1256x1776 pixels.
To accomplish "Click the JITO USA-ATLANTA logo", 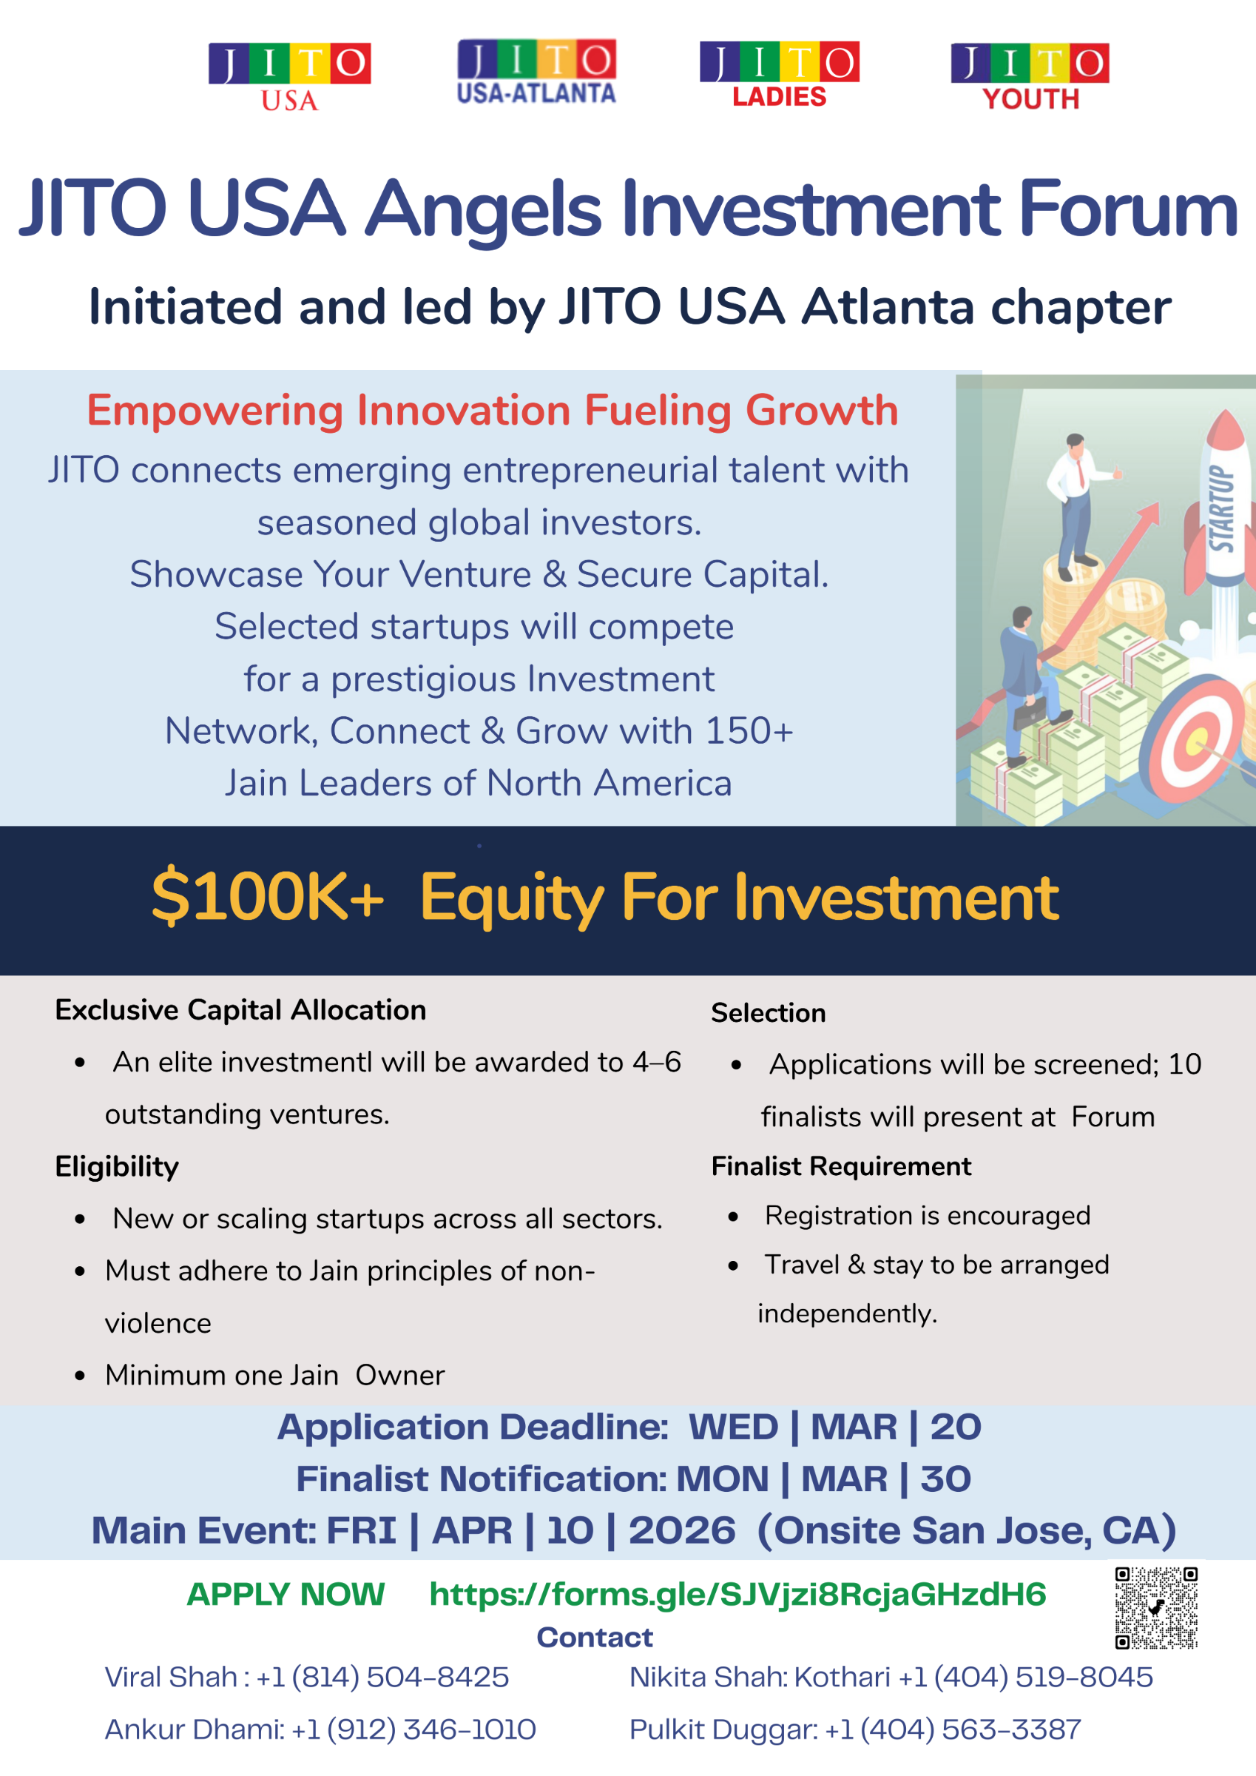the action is coord(537,72).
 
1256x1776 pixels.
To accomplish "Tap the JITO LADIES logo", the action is coord(780,75).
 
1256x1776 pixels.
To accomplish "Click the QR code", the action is coord(1156,1607).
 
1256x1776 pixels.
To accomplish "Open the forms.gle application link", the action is coord(737,1594).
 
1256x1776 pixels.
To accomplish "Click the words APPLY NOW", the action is coord(286,1594).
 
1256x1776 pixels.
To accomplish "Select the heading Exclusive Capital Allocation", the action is coord(240,1010).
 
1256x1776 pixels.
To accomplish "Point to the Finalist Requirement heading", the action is coord(841,1165).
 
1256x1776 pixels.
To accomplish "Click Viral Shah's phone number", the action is coord(382,1677).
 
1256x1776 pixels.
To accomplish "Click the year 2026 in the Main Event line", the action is coord(682,1531).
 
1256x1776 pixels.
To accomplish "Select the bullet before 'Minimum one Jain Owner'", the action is coord(80,1376).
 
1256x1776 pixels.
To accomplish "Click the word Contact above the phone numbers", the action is coord(595,1638).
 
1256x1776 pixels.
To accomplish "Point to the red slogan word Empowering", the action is coord(215,411).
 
